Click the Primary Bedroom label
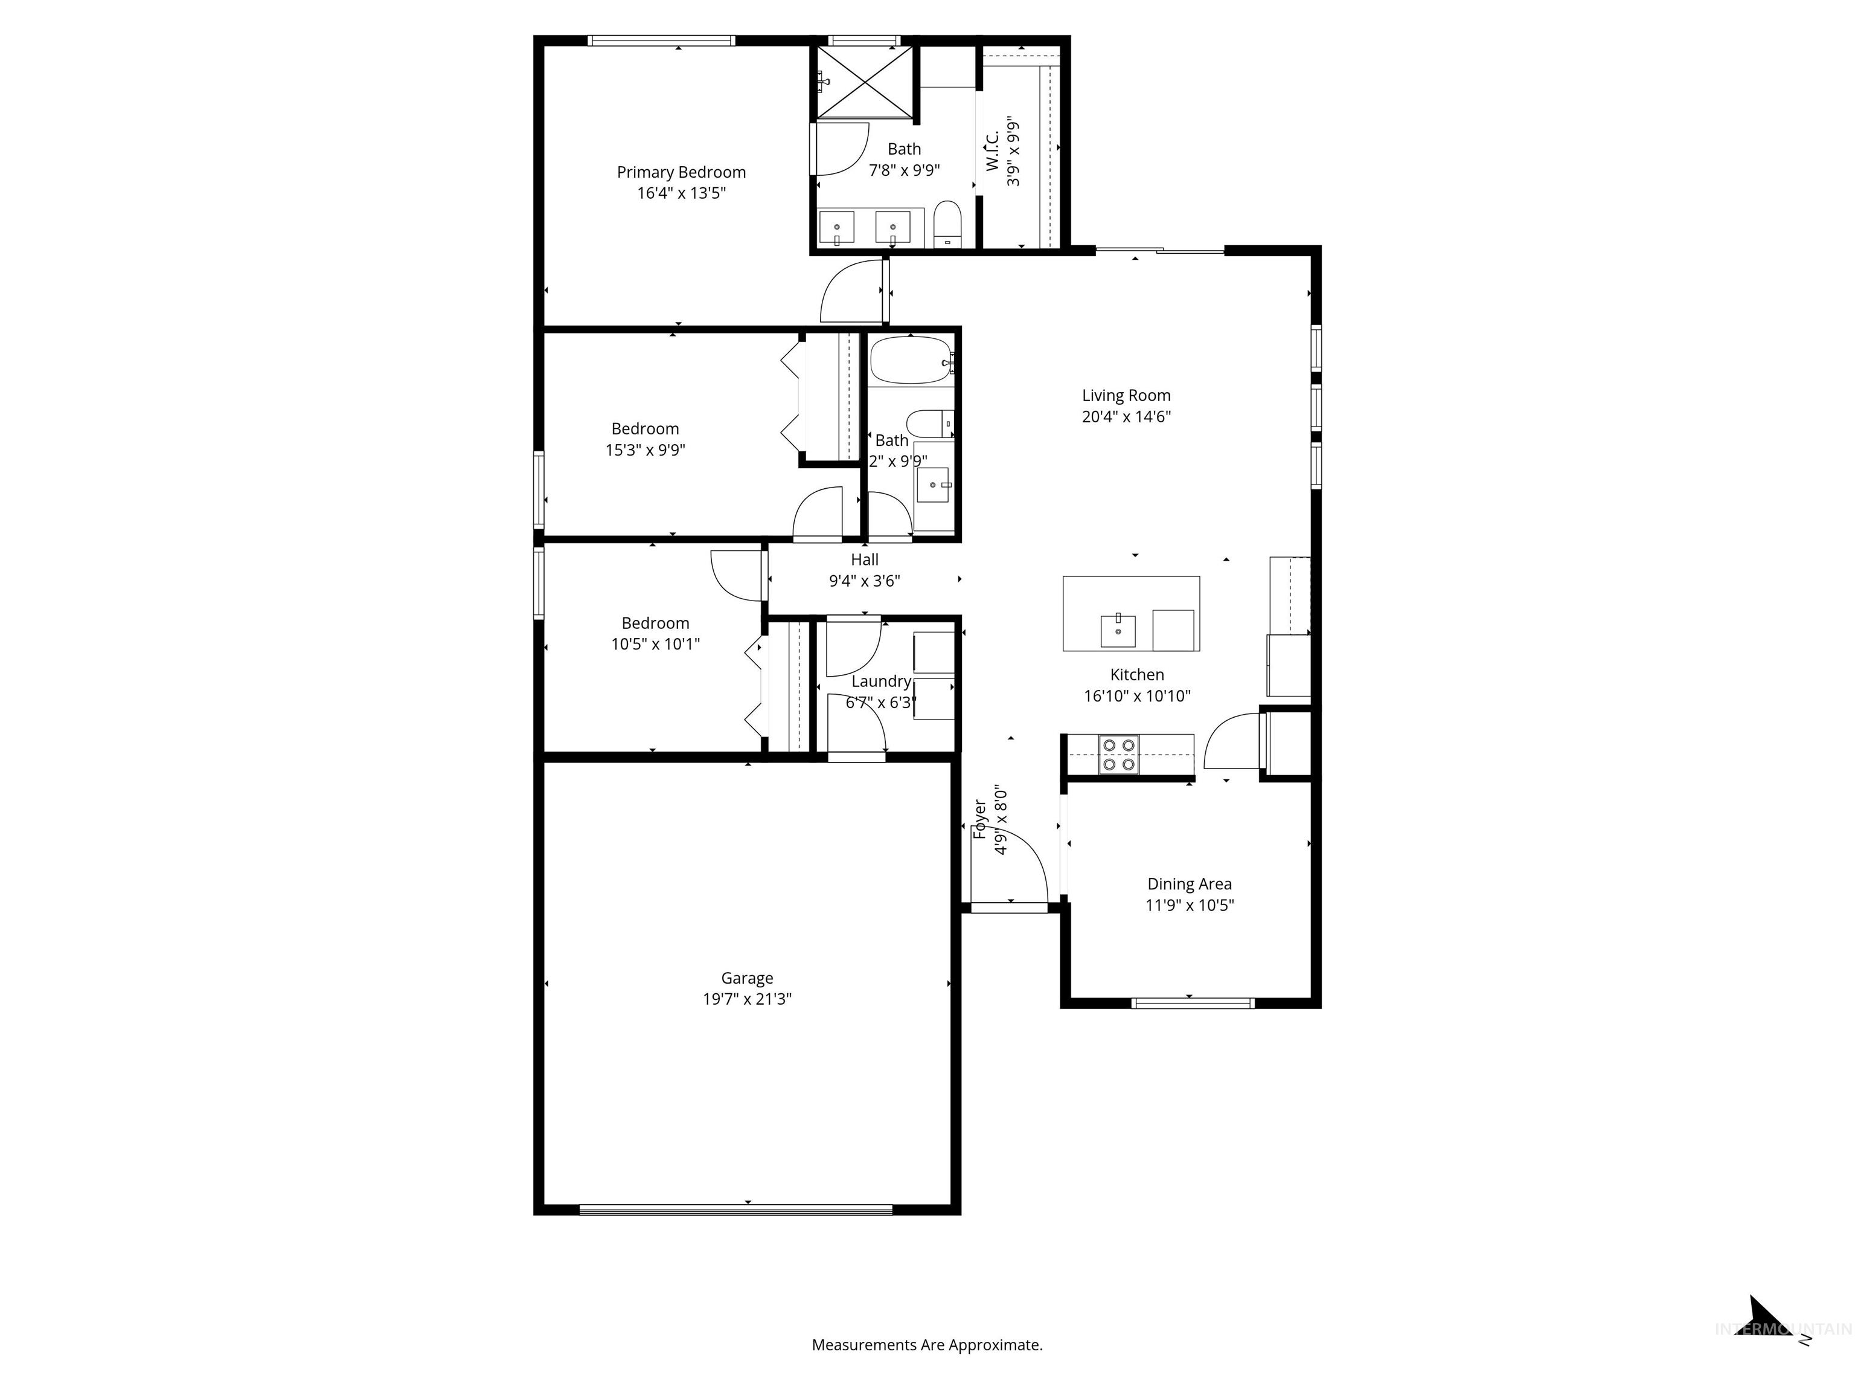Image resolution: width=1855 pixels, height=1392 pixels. [x=681, y=172]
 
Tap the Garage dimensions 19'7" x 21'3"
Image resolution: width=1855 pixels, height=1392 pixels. [x=746, y=999]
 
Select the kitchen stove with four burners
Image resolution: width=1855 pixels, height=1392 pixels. [x=1119, y=753]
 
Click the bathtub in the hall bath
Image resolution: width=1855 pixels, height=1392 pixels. [x=911, y=361]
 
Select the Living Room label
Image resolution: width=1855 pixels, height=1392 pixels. [x=1126, y=395]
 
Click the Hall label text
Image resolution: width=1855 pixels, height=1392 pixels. [x=865, y=559]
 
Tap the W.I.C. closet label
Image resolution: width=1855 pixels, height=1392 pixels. [x=992, y=151]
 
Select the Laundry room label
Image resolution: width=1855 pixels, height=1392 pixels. [x=880, y=681]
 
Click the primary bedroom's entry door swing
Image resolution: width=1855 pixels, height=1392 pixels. [x=851, y=294]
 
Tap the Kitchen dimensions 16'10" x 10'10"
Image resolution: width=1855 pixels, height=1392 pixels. [x=1136, y=695]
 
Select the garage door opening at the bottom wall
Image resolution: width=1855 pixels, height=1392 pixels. [x=735, y=1209]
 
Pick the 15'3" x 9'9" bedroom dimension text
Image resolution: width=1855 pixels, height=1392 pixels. [x=645, y=449]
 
